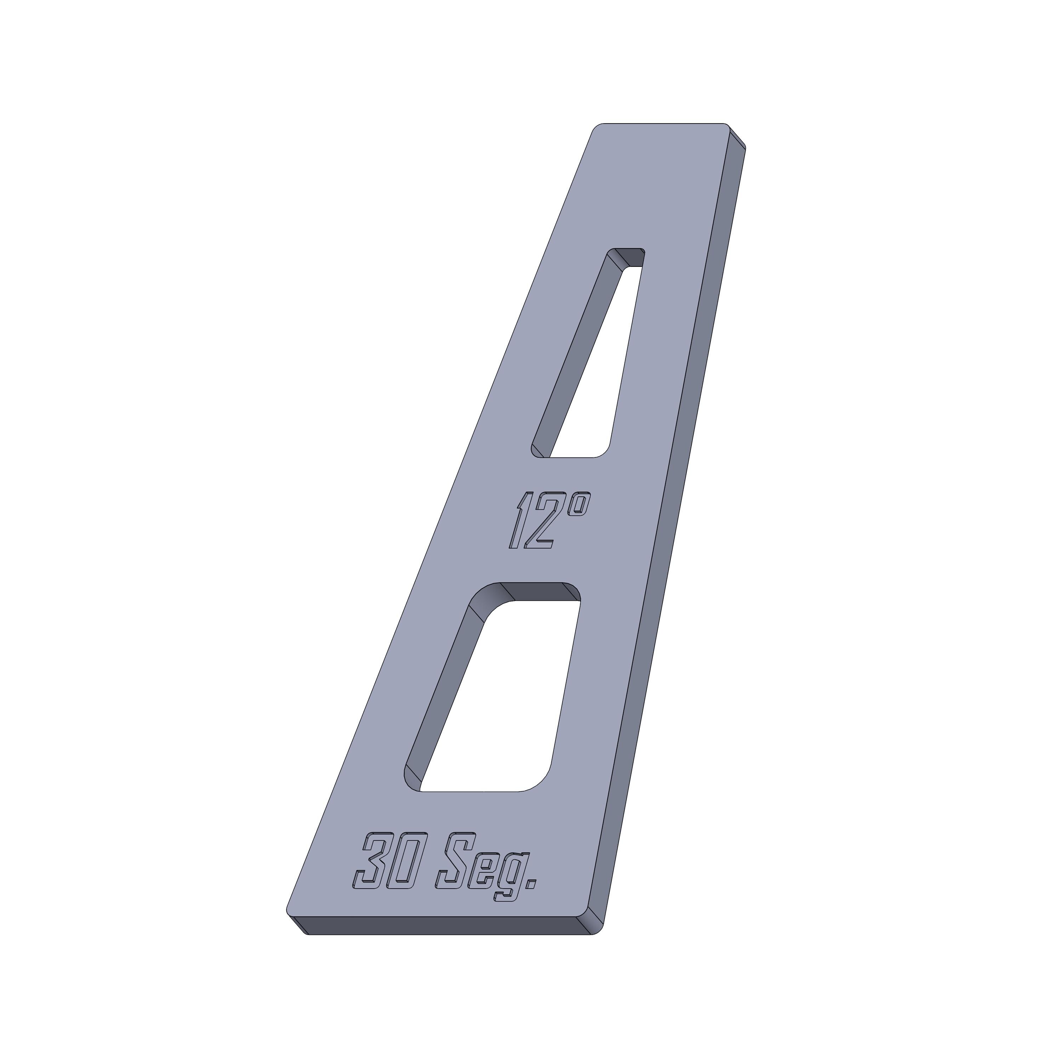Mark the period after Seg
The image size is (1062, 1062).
531,893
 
